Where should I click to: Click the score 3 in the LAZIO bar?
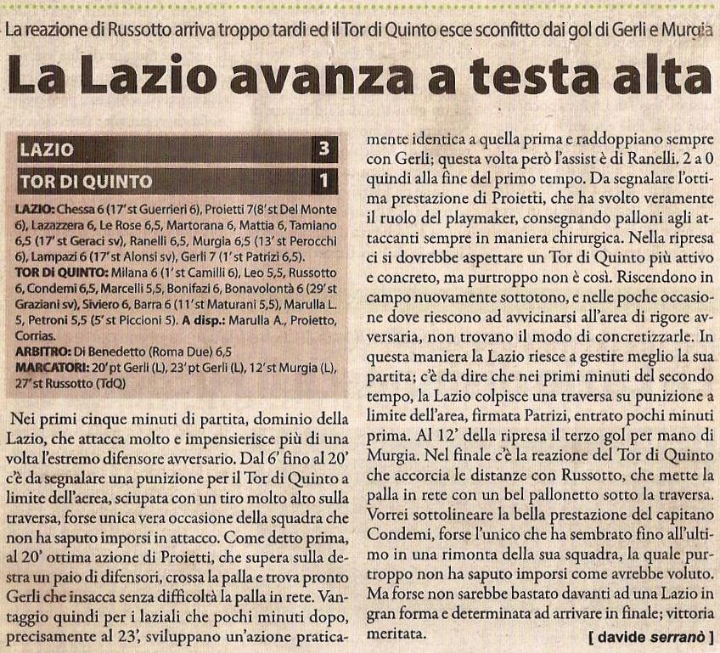click(x=323, y=151)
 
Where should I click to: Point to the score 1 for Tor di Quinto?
click(x=323, y=181)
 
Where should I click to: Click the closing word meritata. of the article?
click(x=397, y=634)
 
